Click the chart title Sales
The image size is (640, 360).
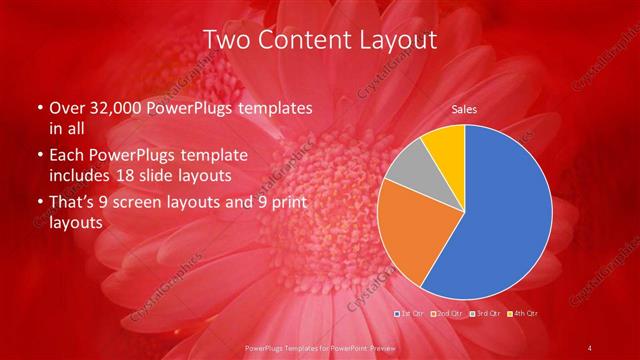[463, 109]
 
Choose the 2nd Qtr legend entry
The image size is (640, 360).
[448, 314]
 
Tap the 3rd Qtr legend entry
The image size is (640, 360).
[486, 314]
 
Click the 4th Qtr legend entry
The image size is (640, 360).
[523, 314]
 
